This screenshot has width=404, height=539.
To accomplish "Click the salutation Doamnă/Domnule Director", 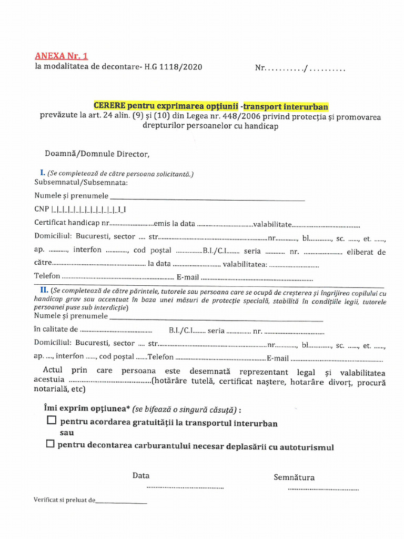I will [97, 154].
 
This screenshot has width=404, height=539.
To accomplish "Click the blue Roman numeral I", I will [42, 173].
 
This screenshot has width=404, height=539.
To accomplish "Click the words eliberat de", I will [366, 252].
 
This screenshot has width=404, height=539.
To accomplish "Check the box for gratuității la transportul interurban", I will [51, 421].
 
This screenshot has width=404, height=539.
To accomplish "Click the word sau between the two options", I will [67, 432].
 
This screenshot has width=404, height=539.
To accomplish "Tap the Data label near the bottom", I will [141, 475].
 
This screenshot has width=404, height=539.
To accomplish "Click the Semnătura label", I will [294, 477].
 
